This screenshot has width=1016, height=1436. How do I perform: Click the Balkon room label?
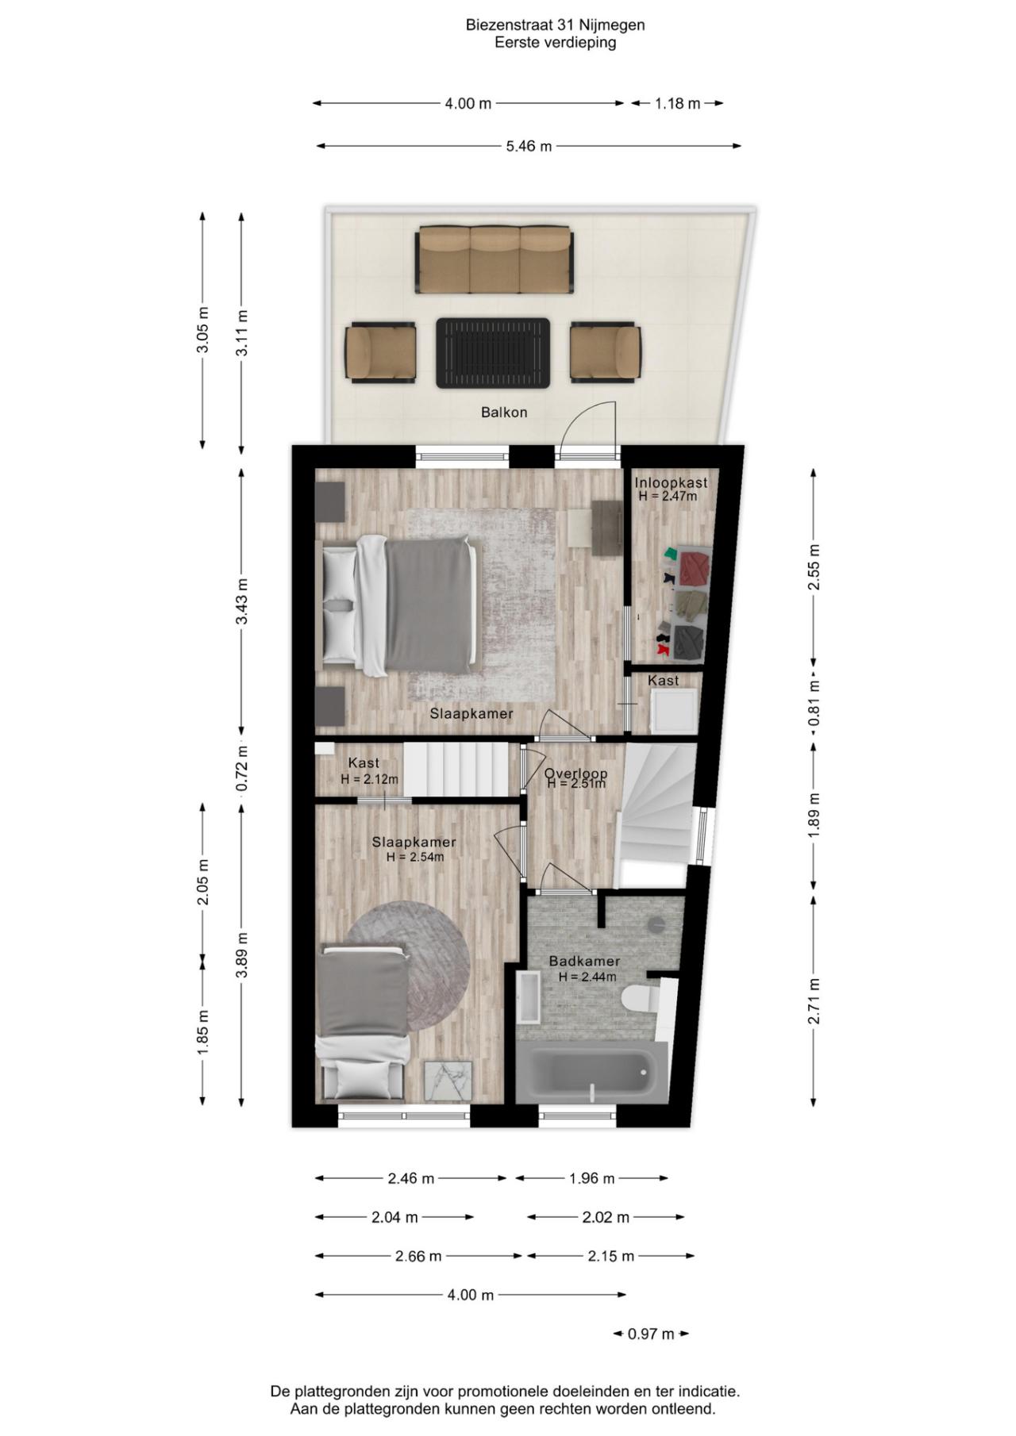click(x=504, y=413)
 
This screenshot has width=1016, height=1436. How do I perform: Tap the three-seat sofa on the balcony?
click(x=495, y=259)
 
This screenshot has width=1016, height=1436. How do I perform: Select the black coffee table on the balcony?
click(x=493, y=353)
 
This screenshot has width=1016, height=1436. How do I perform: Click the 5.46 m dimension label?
click(x=529, y=146)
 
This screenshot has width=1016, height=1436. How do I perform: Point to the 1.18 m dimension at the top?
click(x=677, y=103)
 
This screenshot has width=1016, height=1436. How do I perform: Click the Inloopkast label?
click(x=671, y=482)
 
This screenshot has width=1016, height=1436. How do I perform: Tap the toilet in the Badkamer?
click(x=639, y=998)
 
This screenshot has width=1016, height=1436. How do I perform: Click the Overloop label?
click(x=575, y=774)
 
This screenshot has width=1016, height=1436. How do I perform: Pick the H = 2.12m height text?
click(x=369, y=780)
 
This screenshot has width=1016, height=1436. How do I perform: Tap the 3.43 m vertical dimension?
click(x=242, y=601)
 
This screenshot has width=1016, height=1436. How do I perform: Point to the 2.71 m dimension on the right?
click(x=814, y=1001)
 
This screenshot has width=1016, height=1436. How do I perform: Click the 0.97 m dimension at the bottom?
click(x=651, y=1334)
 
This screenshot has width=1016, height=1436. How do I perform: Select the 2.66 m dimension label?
click(x=418, y=1257)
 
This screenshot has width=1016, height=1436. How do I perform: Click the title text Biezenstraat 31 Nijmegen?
click(x=555, y=25)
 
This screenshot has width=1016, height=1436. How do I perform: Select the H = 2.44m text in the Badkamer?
click(x=587, y=977)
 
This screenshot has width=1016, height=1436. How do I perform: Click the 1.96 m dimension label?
click(x=591, y=1179)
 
